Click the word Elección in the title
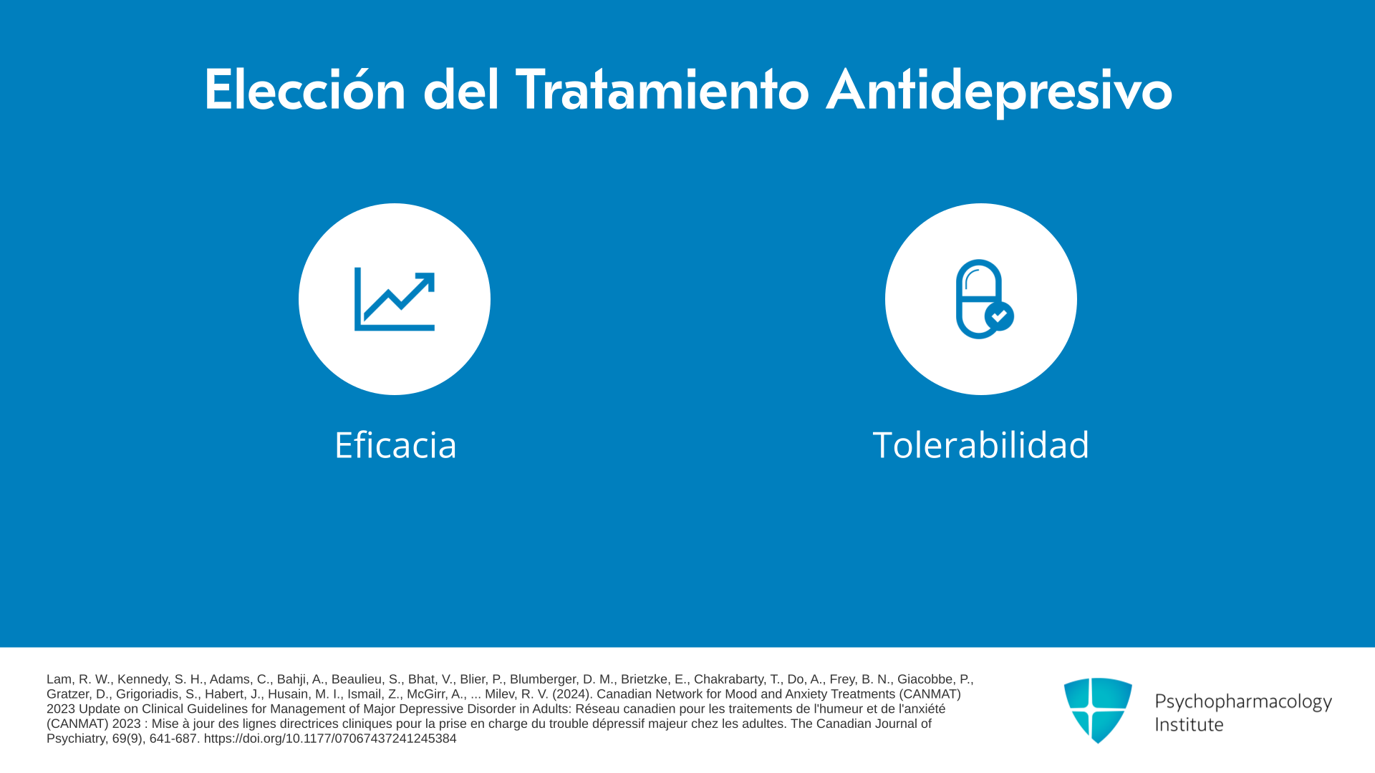click(x=305, y=89)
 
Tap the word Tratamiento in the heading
click(x=662, y=89)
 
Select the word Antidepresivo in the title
click(x=999, y=91)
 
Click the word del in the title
click(x=461, y=89)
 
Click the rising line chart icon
click(x=395, y=299)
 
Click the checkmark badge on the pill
click(x=999, y=316)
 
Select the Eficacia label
click(x=395, y=444)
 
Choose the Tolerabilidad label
click(x=980, y=444)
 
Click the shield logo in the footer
click(x=1098, y=710)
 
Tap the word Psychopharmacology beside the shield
click(x=1243, y=701)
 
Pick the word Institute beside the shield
click(x=1189, y=724)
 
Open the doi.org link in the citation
click(x=330, y=739)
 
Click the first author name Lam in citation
click(x=59, y=679)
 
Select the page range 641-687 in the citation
click(x=173, y=739)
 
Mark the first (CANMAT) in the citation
click(x=928, y=694)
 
